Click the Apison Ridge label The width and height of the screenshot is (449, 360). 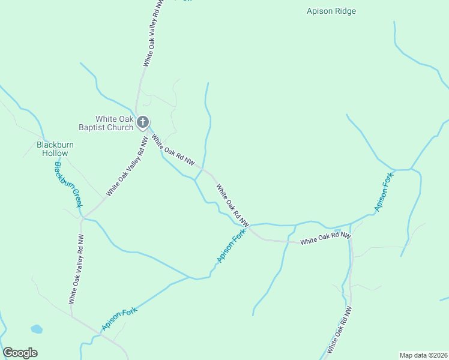331,11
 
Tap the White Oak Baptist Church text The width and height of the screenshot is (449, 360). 106,123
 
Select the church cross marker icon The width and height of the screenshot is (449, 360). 142,123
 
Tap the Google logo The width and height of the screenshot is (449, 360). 20,353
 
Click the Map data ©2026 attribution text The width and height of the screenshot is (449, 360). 423,355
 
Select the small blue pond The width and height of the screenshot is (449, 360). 37,329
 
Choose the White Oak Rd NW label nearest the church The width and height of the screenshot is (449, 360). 173,150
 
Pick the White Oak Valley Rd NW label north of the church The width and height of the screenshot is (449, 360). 153,33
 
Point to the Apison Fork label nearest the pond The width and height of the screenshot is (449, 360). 119,319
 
